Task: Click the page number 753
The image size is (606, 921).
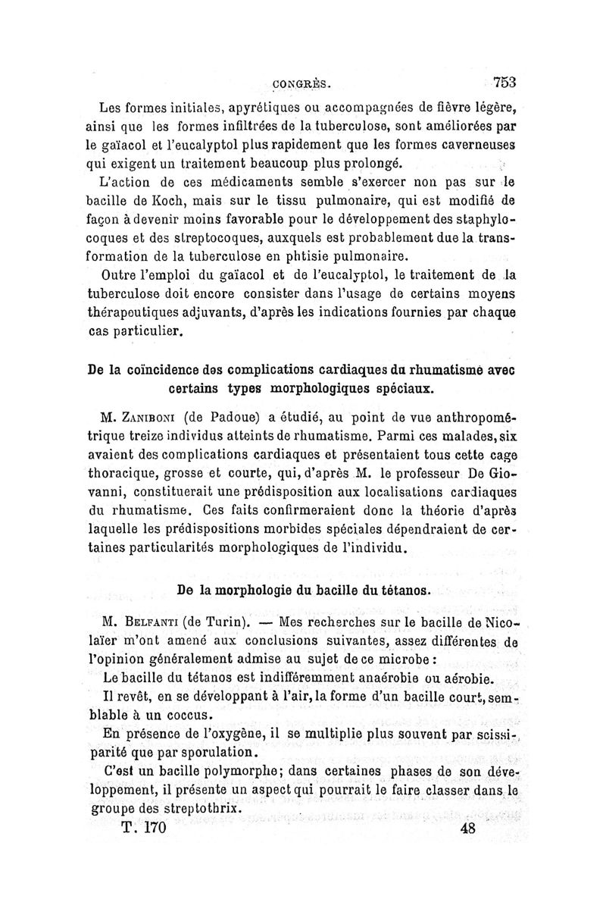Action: point(503,83)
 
